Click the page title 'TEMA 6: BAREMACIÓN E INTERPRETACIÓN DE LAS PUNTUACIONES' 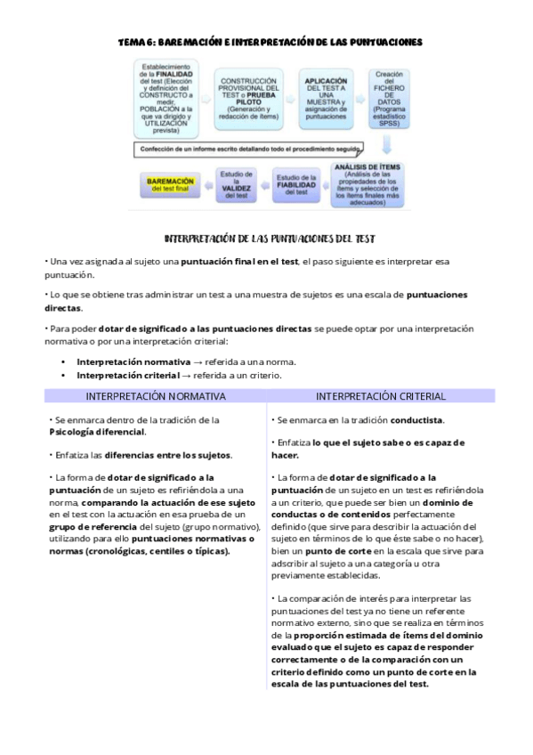click(x=271, y=42)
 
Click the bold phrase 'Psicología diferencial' click(x=97, y=432)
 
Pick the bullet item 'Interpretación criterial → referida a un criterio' click(x=179, y=375)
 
